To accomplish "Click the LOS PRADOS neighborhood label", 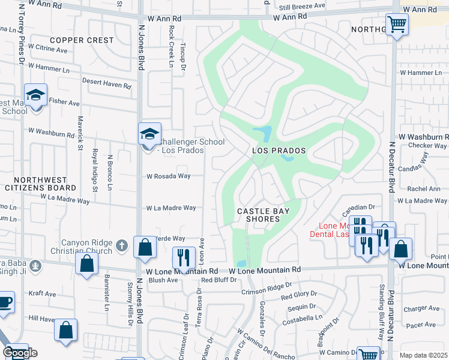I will (279, 151).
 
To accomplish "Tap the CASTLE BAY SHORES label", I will (258, 215).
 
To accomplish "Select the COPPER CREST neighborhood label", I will (82, 40).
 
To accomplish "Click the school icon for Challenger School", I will (149, 134).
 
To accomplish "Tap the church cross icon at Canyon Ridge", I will (121, 245).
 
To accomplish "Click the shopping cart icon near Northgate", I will (396, 25).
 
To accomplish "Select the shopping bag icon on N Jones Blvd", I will (145, 247).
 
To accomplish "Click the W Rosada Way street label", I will (169, 176).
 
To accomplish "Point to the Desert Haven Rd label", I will (106, 86).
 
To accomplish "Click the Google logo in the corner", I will (20, 353).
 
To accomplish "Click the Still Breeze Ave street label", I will (304, 6).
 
